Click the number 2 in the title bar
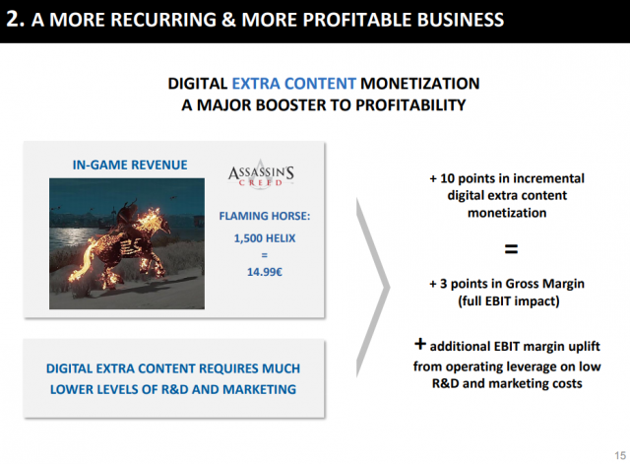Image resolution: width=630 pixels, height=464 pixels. (13, 19)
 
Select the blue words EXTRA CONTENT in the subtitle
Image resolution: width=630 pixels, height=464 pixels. (293, 84)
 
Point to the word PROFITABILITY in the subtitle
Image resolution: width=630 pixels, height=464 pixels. (410, 105)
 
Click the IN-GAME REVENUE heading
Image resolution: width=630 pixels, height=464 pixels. (130, 165)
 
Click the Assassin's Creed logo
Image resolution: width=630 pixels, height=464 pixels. (261, 173)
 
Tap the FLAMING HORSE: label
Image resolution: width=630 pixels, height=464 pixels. (265, 216)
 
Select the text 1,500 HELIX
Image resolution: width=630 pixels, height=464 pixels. (265, 238)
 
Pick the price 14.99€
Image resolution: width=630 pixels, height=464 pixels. (265, 272)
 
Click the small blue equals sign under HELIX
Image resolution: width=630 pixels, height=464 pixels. (265, 255)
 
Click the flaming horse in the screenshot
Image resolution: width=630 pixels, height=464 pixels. (120, 247)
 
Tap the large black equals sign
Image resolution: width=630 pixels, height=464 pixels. (511, 249)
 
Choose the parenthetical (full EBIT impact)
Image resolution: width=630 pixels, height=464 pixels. (509, 301)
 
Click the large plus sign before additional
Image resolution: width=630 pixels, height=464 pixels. (420, 344)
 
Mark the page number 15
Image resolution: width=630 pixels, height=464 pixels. (620, 455)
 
